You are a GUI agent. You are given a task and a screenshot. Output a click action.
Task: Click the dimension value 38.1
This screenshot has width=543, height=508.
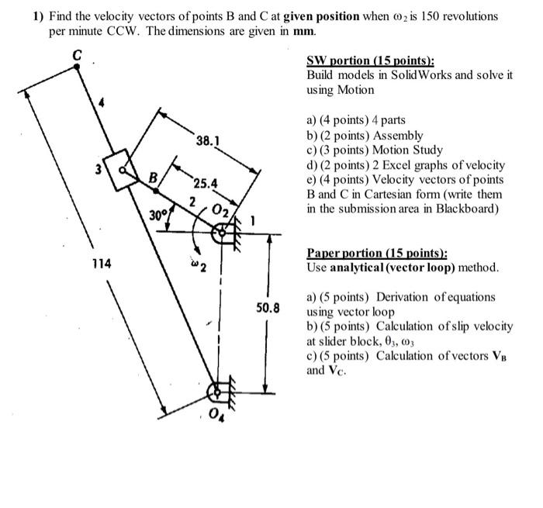tap(208, 141)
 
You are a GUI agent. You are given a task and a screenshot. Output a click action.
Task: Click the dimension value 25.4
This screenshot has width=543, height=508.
tap(206, 184)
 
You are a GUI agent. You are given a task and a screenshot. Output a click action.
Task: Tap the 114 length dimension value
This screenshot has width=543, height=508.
tap(100, 264)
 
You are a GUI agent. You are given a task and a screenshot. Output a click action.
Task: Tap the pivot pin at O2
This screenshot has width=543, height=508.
tap(222, 230)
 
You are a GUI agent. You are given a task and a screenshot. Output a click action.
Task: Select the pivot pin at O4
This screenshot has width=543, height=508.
tap(220, 393)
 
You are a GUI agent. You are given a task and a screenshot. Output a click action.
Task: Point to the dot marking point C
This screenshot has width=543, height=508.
tap(76, 68)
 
